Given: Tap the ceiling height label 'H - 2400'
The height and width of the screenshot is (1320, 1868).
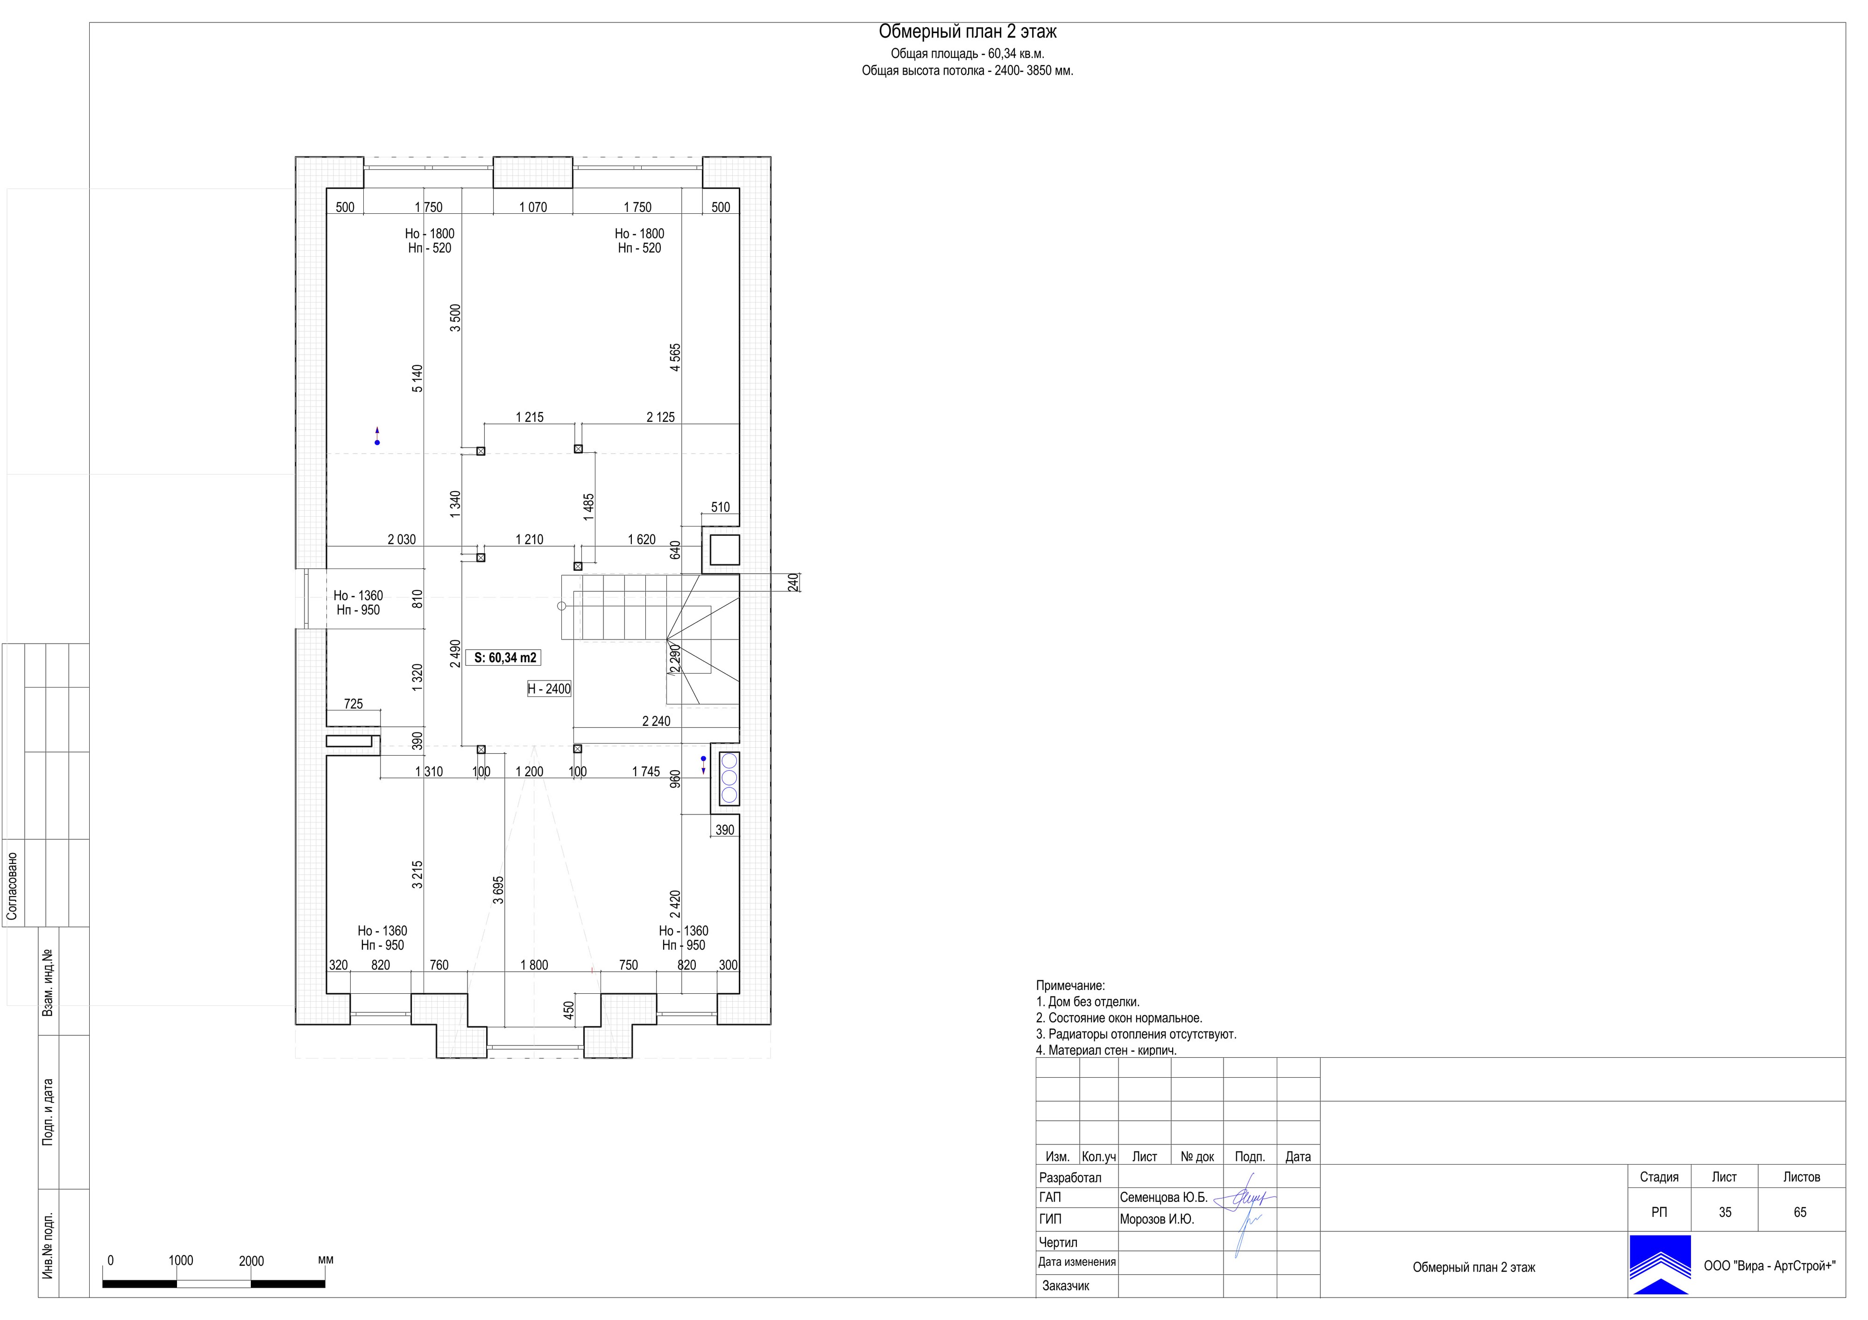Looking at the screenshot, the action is (x=549, y=689).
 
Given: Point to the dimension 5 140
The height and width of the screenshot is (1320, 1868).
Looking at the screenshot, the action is (x=417, y=378).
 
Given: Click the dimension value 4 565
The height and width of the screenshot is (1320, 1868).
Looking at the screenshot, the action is (x=675, y=358).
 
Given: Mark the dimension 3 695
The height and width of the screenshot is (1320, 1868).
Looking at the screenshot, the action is (x=499, y=890).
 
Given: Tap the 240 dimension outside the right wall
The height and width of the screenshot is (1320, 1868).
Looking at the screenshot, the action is (x=794, y=583).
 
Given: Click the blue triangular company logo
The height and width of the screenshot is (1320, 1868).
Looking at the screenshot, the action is (x=1660, y=1265).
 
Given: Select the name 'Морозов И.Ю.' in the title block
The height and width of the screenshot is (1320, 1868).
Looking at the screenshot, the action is (x=1157, y=1219).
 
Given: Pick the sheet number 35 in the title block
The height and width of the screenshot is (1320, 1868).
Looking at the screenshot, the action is (x=1725, y=1212).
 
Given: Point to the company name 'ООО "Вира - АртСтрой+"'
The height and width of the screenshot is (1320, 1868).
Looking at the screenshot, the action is (x=1769, y=1265).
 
